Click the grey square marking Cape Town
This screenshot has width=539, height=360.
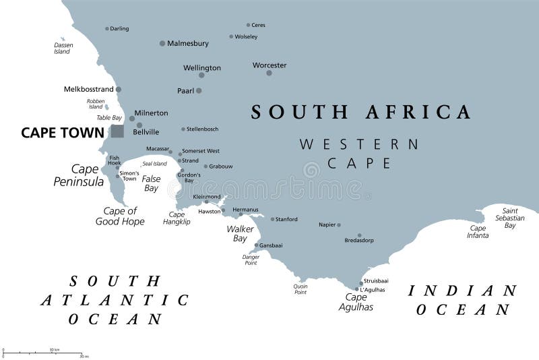tap(117, 131)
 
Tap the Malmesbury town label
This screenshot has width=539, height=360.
tap(188, 43)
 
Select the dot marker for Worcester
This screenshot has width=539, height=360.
tap(269, 73)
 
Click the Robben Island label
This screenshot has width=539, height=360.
tap(96, 104)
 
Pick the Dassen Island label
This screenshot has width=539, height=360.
tap(63, 48)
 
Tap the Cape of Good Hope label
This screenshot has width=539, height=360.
tap(120, 216)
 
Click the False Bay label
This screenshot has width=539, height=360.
tap(151, 183)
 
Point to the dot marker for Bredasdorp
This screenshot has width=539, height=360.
tap(360, 235)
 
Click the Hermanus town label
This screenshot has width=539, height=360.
tap(245, 210)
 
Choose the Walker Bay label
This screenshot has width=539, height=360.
tap(239, 234)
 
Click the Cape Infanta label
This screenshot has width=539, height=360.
tap(478, 231)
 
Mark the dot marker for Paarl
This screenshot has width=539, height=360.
tap(199, 90)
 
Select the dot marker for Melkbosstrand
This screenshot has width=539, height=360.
tap(119, 89)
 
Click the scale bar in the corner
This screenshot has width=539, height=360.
tap(42, 353)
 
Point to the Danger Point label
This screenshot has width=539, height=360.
tap(251, 260)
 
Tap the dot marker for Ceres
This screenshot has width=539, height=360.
tap(248, 25)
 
